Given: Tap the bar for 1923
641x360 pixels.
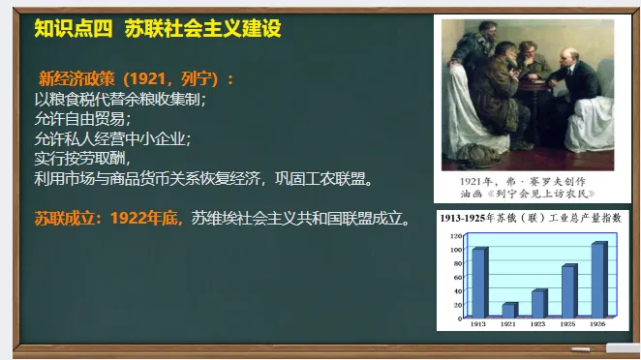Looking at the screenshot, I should [x=539, y=303].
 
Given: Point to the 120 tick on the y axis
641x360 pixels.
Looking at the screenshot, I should [x=456, y=235].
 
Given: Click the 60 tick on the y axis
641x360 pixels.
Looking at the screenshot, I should [x=457, y=276].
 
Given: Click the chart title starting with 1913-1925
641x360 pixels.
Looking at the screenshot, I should [x=532, y=219].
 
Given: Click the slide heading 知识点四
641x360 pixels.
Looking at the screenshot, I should [x=73, y=30].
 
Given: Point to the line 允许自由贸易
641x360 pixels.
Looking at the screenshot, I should [x=82, y=118].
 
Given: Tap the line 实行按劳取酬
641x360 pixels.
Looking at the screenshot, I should [x=82, y=159].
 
